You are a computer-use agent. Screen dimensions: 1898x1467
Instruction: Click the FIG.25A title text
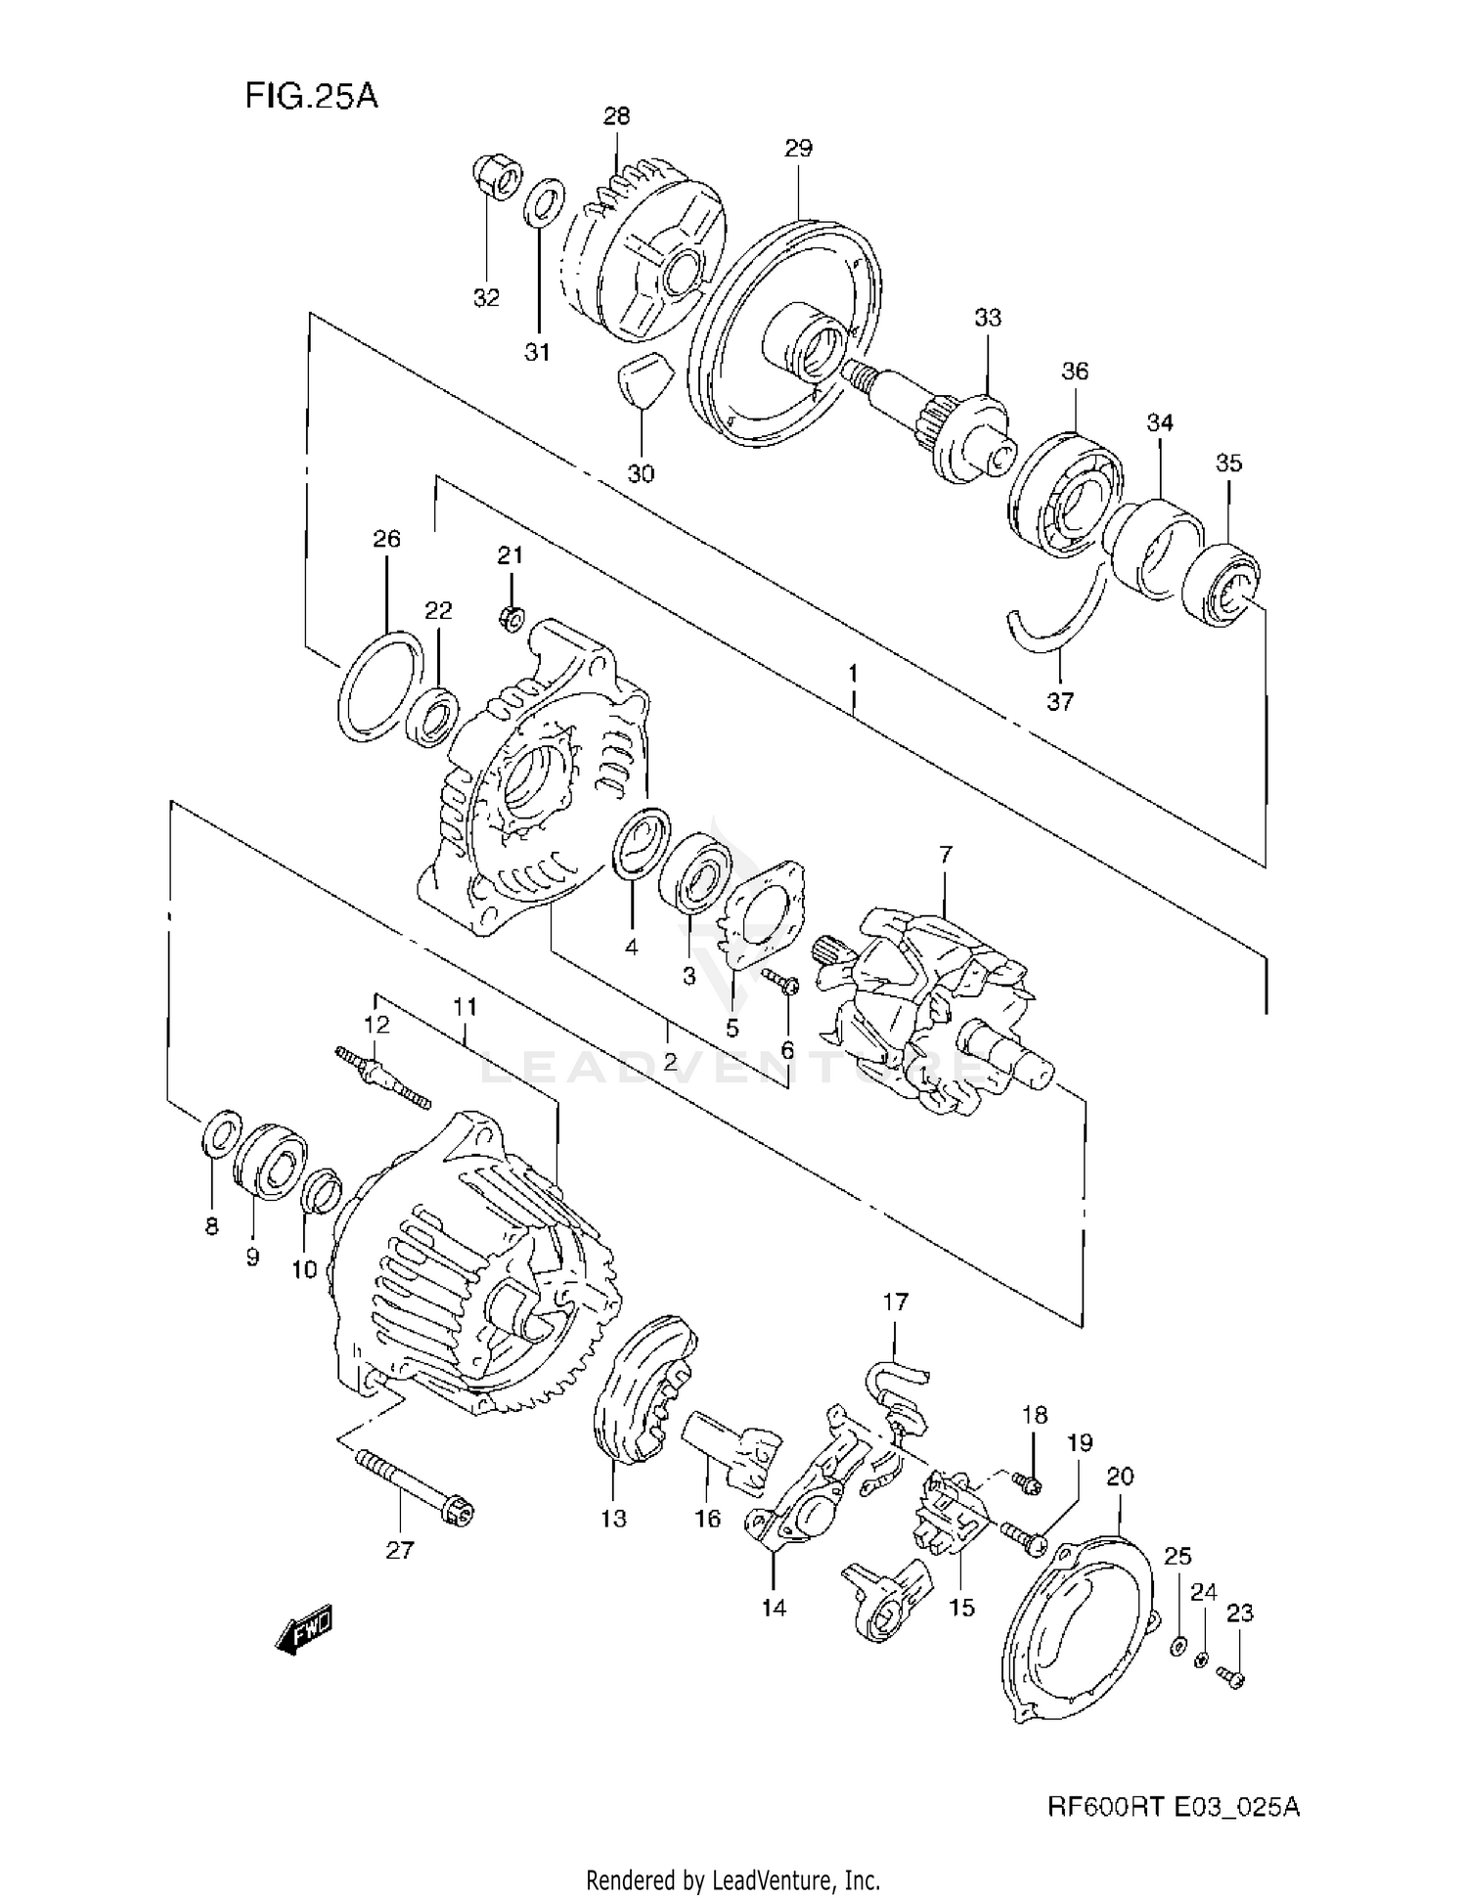310,97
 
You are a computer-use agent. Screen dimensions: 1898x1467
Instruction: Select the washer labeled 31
541,201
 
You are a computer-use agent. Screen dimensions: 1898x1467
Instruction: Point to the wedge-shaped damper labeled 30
642,379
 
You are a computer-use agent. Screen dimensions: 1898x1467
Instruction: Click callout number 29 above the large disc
798,149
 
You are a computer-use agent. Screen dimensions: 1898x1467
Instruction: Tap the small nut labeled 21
511,617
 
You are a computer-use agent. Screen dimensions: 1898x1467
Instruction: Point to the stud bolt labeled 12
382,1076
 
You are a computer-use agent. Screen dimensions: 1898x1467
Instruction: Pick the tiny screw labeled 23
1233,1679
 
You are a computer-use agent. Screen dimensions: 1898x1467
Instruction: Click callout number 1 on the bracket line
854,673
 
